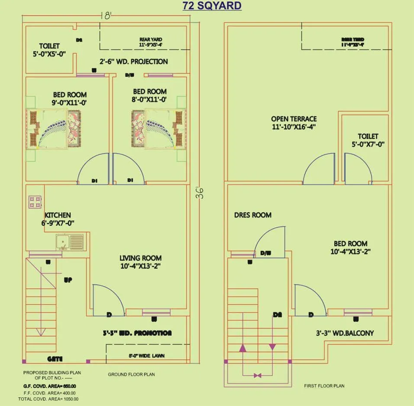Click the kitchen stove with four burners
(35, 201)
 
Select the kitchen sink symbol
(69, 242)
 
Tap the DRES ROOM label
(253, 215)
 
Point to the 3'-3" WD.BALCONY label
(345, 333)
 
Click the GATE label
(55, 359)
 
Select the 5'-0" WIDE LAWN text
(146, 356)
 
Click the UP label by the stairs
(68, 280)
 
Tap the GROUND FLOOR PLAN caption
(131, 374)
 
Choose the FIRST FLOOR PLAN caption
(324, 386)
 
